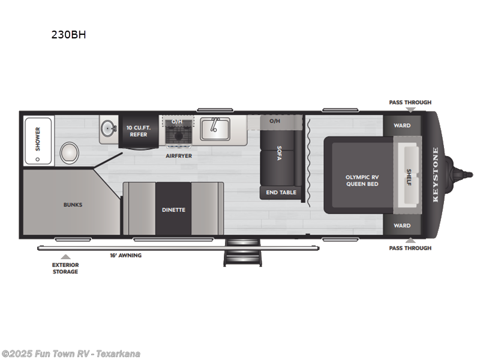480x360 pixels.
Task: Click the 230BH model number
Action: pyautogui.click(x=68, y=35)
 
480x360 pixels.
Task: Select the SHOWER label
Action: pyautogui.click(x=37, y=138)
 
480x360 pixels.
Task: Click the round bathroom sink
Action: pyautogui.click(x=108, y=128)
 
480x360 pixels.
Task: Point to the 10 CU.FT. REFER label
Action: pyautogui.click(x=138, y=130)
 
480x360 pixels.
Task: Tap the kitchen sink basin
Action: pyautogui.click(x=213, y=128)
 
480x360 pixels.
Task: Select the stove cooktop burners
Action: pyautogui.click(x=178, y=136)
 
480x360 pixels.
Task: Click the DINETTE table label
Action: pyautogui.click(x=173, y=209)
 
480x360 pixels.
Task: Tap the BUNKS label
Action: pyautogui.click(x=73, y=205)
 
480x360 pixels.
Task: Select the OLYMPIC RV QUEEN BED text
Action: pyautogui.click(x=362, y=181)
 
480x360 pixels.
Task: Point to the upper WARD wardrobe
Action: pyautogui.click(x=402, y=125)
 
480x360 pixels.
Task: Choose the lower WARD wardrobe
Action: pyautogui.click(x=402, y=226)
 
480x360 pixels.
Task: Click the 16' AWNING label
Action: pyautogui.click(x=125, y=256)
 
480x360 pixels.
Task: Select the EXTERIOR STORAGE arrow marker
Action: pyautogui.click(x=65, y=257)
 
